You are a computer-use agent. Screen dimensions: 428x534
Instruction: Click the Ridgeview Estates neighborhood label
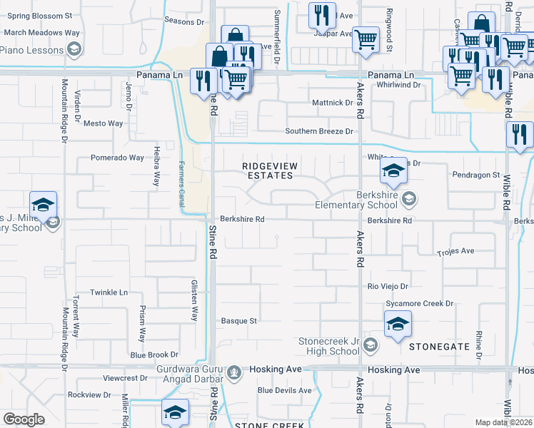click(x=268, y=170)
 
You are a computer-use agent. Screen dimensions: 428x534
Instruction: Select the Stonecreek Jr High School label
click(x=329, y=346)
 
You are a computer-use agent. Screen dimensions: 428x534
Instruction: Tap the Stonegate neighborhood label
click(x=439, y=346)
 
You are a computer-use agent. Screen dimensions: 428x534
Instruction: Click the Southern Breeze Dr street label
click(x=319, y=131)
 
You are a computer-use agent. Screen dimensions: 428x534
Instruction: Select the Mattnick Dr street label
click(x=333, y=103)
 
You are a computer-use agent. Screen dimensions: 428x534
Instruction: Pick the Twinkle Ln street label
click(x=109, y=292)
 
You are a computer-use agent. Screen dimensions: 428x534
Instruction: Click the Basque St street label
click(x=238, y=321)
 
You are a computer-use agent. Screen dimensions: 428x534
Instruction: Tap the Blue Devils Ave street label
click(x=285, y=390)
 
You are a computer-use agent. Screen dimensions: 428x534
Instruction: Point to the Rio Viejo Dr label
click(x=388, y=286)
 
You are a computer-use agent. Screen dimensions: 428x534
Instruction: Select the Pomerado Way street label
click(x=117, y=158)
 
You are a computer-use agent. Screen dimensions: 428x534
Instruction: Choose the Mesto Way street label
click(x=104, y=123)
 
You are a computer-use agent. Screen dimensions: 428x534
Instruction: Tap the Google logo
click(x=24, y=419)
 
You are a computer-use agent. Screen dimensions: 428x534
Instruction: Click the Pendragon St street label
click(x=476, y=175)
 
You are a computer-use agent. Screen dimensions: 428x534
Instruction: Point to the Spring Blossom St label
click(x=39, y=14)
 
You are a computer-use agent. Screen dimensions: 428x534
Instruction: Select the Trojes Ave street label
click(x=456, y=251)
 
